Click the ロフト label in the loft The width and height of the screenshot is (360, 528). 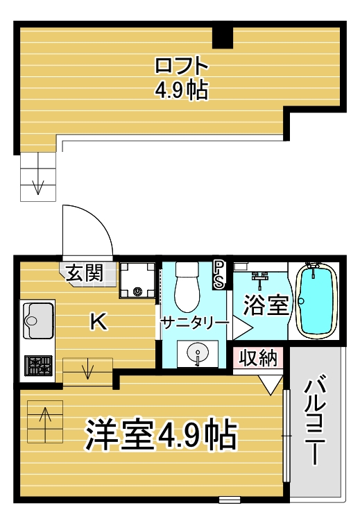pyautogui.click(x=182, y=66)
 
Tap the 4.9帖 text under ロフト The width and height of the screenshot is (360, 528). pyautogui.click(x=182, y=90)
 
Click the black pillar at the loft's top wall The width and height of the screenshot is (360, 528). pyautogui.click(x=222, y=37)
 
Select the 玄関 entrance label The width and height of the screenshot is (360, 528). pyautogui.click(x=84, y=273)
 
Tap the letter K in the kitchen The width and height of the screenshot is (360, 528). pyautogui.click(x=98, y=321)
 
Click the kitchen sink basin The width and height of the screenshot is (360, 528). pyautogui.click(x=38, y=321)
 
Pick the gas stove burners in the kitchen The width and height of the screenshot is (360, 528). pyautogui.click(x=38, y=366)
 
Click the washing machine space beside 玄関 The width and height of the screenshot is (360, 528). pyautogui.click(x=137, y=280)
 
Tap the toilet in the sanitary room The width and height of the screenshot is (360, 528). pyautogui.click(x=187, y=287)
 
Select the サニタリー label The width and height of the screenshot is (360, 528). pyautogui.click(x=195, y=323)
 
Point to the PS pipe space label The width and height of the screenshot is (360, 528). pyautogui.click(x=219, y=275)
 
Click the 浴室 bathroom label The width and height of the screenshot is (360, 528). pyautogui.click(x=266, y=305)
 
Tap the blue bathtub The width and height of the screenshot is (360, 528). pyautogui.click(x=316, y=300)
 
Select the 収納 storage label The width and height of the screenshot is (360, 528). pyautogui.click(x=258, y=358)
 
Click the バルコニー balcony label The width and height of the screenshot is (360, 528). pyautogui.click(x=315, y=422)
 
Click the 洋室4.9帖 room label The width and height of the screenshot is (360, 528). pyautogui.click(x=162, y=434)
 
